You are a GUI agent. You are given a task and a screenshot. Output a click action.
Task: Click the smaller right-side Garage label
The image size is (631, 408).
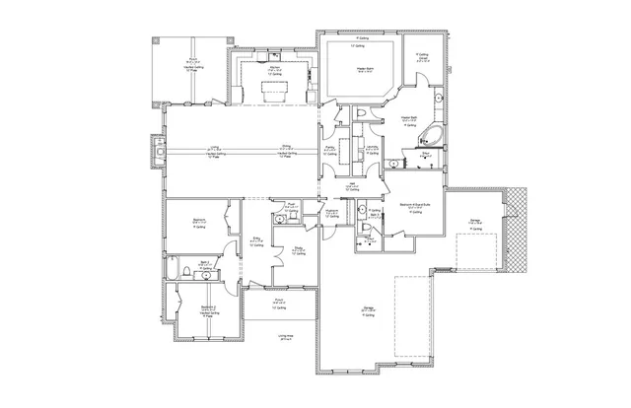(x=474, y=222)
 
